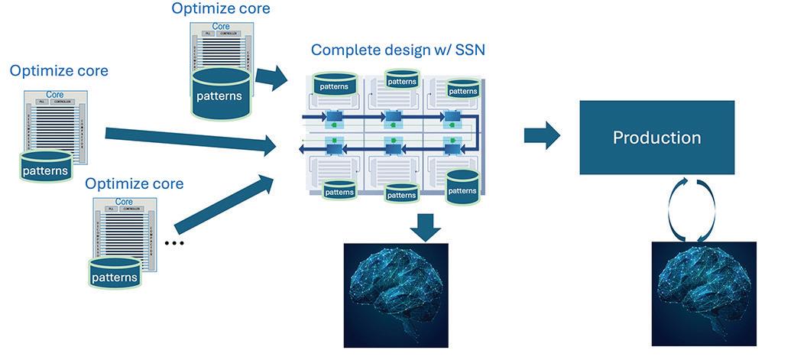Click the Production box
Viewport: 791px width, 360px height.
coord(656,138)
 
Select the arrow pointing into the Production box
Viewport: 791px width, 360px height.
coord(541,135)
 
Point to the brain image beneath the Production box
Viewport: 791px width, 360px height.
coord(704,294)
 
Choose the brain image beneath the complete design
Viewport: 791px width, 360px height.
coord(396,294)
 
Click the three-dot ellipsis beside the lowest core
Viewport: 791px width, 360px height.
coord(175,243)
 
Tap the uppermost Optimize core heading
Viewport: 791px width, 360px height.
coord(221,9)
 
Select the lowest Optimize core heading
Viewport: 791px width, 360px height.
coord(134,184)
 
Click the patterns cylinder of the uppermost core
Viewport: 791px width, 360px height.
coord(220,93)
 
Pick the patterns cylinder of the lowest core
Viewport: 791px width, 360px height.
coord(115,274)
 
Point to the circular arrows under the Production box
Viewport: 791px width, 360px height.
coord(691,209)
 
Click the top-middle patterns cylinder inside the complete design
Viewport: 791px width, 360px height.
coord(402,79)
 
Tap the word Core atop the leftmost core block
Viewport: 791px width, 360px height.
coord(55,95)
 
